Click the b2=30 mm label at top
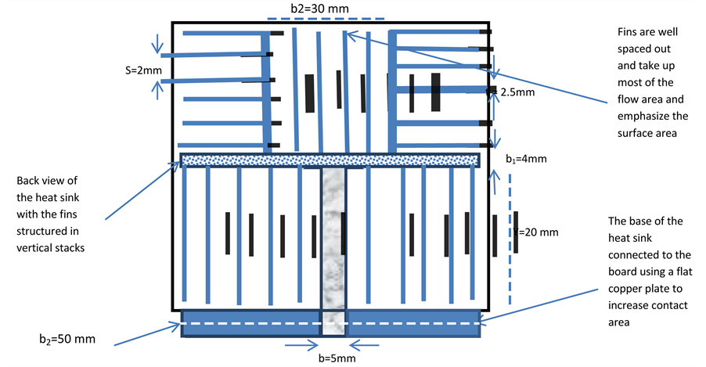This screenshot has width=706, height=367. point(319,9)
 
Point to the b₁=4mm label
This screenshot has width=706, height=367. point(525,159)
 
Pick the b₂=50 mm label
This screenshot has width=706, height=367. point(68,340)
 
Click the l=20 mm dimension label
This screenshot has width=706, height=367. point(538,232)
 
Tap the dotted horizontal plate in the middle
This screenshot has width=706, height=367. point(330,160)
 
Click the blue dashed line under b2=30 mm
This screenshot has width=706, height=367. point(332,19)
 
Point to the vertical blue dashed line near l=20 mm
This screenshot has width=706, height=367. point(510,235)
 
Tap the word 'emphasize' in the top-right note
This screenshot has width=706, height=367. point(636,116)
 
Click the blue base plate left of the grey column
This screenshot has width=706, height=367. point(250,323)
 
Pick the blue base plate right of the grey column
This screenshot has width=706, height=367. point(413,323)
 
